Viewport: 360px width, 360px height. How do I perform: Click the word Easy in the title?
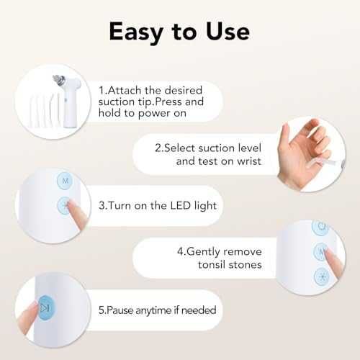(136, 32)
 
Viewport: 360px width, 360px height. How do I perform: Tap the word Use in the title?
(228, 32)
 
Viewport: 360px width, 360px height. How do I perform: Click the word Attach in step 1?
(125, 91)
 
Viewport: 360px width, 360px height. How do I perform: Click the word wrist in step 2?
(249, 161)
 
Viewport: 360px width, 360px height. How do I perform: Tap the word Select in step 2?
(179, 148)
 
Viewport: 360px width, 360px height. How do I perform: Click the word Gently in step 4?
(203, 252)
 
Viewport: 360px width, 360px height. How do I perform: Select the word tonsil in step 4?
(212, 265)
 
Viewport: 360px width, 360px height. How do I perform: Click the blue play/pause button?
(47, 308)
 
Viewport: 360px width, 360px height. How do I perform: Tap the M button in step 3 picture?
(65, 181)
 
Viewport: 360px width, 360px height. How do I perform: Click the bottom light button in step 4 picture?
(322, 276)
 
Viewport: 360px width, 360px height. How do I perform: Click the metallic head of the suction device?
(59, 81)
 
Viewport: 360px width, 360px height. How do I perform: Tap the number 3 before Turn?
(102, 206)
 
